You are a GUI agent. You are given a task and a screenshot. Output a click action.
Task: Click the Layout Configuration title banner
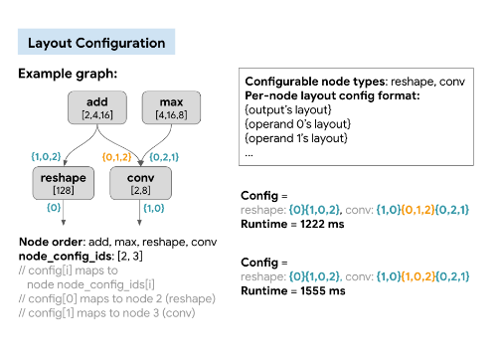[96, 43]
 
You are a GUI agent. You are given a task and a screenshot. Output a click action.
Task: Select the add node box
[96, 109]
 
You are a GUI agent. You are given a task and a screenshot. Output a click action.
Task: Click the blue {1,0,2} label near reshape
[48, 155]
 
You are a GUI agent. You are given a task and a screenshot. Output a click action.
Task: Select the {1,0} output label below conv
[153, 208]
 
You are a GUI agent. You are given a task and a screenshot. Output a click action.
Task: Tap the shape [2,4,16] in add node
[96, 116]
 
